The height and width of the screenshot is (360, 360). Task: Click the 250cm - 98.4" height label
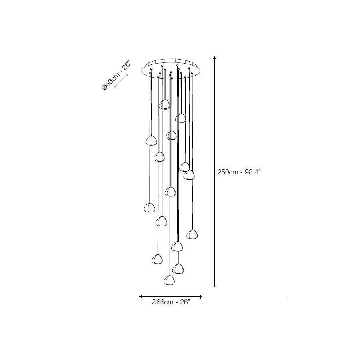pos(239,172)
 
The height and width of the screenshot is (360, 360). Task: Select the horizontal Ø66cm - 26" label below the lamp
pos(171,302)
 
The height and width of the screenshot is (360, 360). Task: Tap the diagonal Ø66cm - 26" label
pos(116,75)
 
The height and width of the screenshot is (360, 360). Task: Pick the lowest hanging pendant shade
pos(169,280)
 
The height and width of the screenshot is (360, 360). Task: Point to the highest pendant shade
pos(164,104)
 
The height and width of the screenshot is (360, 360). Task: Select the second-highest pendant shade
pos(181,118)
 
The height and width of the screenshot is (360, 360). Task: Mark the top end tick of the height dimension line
pos(215,58)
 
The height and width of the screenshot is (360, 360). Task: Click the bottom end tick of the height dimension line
pos(215,285)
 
